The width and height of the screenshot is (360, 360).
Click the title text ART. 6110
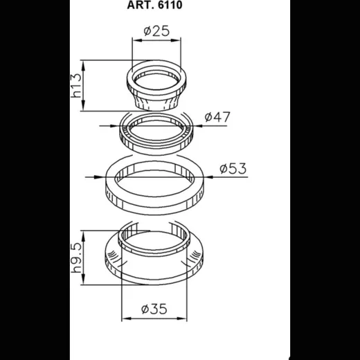154,5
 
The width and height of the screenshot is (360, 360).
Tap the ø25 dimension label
156,31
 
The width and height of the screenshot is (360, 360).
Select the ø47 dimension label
217,117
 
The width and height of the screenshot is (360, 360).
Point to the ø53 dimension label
233,168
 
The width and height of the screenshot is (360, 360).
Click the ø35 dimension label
154,309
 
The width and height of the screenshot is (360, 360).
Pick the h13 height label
76,85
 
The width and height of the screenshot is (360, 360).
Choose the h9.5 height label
76,258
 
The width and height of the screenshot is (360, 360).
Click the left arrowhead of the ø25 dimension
137,40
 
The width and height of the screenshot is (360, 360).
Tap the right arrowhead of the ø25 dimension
176,40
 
